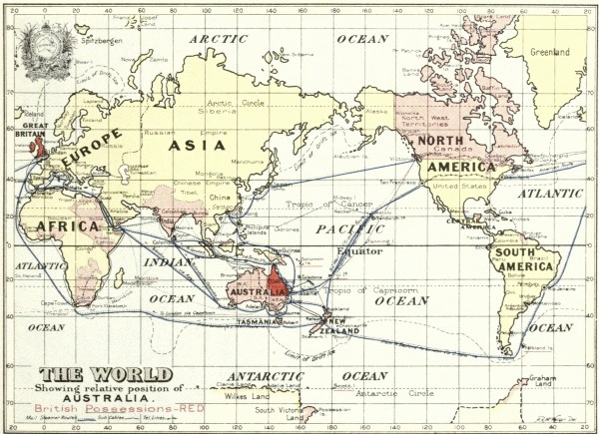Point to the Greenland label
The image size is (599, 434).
click(550, 52)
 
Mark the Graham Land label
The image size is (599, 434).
click(541, 382)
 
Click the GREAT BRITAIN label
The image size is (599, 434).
click(28, 132)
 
